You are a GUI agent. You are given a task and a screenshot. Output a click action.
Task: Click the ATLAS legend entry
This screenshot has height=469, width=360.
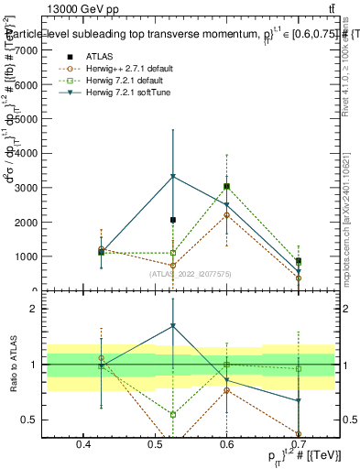tap(100, 56)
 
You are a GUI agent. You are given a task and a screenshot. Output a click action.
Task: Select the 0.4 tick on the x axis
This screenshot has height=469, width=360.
tap(83, 445)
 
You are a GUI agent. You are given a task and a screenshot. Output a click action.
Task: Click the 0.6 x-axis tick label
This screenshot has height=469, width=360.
tap(227, 445)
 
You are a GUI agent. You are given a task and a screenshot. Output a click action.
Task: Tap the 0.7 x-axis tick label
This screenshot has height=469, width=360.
tap(299, 445)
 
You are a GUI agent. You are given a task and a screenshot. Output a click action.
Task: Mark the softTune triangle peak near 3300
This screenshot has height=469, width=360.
tap(172, 177)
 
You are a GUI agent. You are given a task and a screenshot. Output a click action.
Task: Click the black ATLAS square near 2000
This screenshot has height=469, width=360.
tap(172, 220)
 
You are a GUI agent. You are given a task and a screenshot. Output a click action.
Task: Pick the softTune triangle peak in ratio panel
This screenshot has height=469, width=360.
tap(172, 326)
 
